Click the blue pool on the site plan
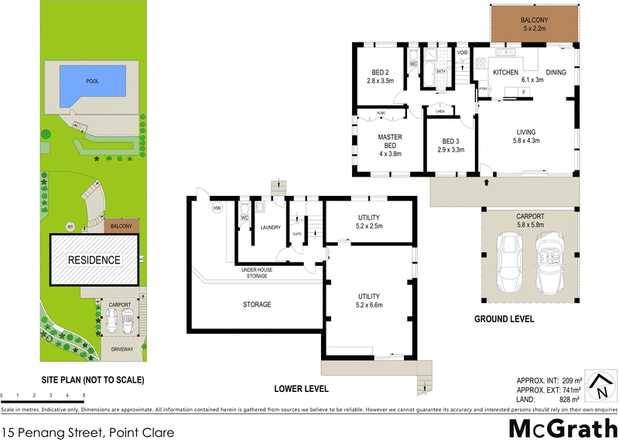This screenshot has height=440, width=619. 91,80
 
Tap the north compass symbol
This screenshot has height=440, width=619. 600,385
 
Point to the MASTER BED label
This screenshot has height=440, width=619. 390,143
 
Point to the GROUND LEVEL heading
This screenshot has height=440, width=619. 504,318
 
